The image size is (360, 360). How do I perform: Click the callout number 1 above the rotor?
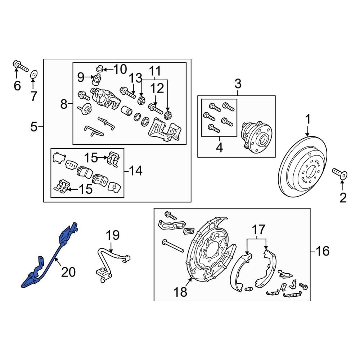(308, 120)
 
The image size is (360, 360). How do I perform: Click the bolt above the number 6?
(21, 66)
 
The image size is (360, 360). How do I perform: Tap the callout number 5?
(34, 127)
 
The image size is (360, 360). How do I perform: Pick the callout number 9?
(81, 77)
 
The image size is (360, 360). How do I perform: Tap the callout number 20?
(68, 272)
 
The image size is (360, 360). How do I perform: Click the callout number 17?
(258, 229)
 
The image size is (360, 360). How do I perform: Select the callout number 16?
(323, 251)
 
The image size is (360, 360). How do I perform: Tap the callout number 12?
(157, 88)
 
